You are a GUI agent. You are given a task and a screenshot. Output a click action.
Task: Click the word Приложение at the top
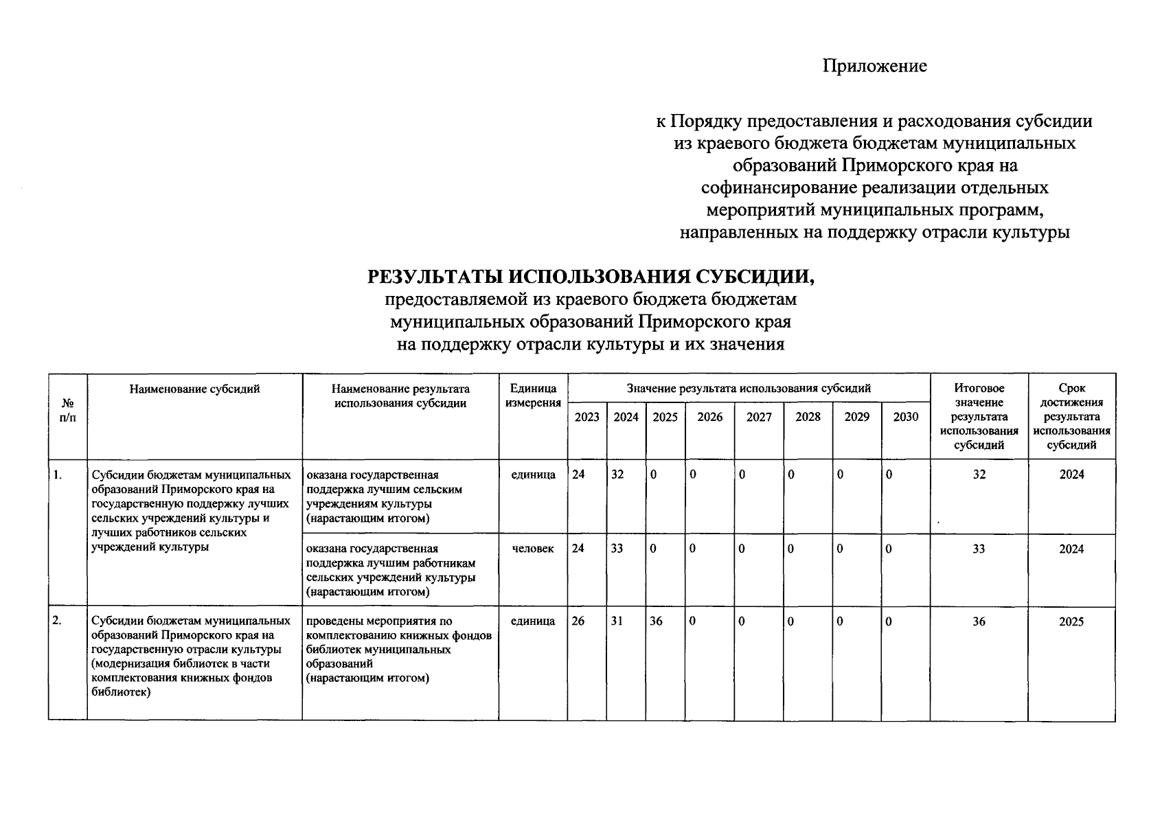tap(875, 66)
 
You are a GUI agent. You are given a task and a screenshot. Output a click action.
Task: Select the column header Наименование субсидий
tap(194, 389)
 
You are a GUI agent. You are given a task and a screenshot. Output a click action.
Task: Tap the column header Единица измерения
tap(533, 396)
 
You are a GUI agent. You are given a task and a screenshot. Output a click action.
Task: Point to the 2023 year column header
tap(586, 417)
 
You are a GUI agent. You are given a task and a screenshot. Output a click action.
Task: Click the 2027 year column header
tap(759, 417)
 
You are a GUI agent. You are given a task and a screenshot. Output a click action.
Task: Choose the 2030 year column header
tap(905, 417)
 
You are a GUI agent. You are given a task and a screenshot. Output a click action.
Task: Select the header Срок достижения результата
tap(1071, 416)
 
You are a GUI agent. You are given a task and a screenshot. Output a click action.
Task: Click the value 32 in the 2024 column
tap(617, 474)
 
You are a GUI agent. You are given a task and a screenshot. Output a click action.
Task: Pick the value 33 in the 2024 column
tap(617, 549)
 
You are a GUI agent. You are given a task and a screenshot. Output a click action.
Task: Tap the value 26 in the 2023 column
tap(579, 621)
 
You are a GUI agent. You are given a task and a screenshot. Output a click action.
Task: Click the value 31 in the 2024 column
tap(617, 621)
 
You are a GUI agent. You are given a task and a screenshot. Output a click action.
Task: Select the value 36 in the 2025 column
tap(657, 621)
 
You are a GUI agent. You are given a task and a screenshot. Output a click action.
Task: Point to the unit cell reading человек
tap(533, 549)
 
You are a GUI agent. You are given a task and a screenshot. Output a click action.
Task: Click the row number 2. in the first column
tap(58, 621)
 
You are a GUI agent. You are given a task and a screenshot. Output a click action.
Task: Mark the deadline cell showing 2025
tap(1071, 621)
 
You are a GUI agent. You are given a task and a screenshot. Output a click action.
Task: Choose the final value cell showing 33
tap(979, 549)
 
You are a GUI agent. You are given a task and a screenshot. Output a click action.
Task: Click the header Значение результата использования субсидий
tap(749, 388)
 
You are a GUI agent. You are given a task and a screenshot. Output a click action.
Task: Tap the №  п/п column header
tap(67, 411)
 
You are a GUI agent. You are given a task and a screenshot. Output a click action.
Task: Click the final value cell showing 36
tap(979, 621)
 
